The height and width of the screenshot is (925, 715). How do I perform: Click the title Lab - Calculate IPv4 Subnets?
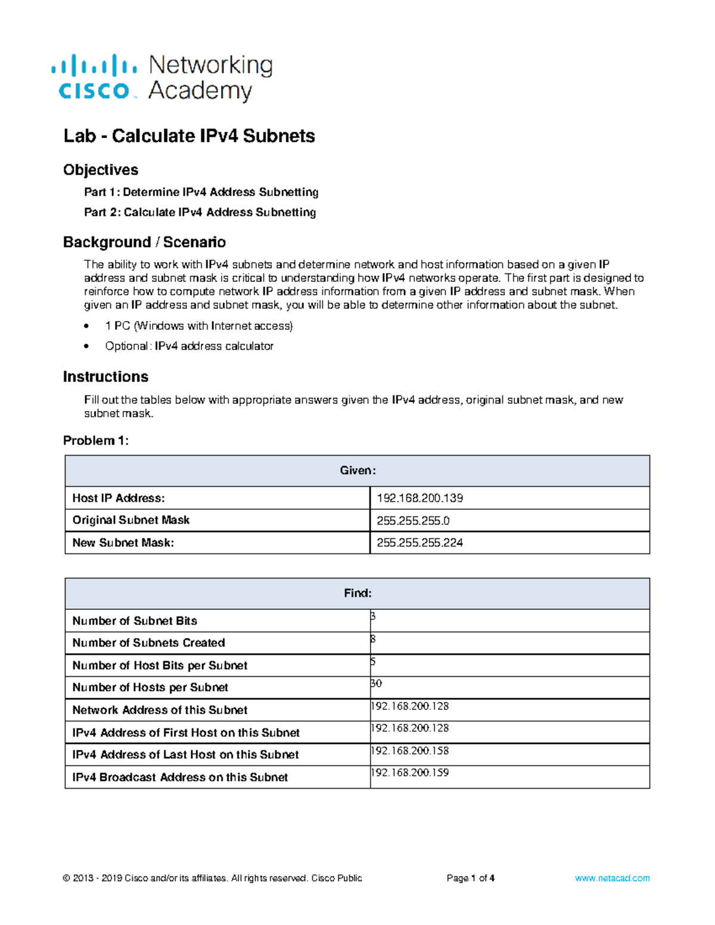point(189,136)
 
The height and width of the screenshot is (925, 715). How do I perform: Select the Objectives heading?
point(101,170)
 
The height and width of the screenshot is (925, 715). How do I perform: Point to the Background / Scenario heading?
point(144,242)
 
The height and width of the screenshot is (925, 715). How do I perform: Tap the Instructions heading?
point(105,376)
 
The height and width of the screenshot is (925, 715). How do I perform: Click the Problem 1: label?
point(95,441)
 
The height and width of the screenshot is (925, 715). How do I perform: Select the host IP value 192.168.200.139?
point(419,498)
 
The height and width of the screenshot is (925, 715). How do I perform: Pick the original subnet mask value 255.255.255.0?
point(413,521)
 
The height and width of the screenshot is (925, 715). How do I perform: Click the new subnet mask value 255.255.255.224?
point(419,543)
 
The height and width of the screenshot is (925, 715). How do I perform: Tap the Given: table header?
point(357,471)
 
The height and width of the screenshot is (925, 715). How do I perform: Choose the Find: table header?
point(357,593)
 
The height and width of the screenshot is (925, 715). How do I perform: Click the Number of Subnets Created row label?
point(148,643)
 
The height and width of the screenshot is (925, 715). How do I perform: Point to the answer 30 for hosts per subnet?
point(376,683)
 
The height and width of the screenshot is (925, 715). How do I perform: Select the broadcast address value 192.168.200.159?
point(410,773)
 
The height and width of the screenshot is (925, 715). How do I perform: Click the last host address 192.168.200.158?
point(410,750)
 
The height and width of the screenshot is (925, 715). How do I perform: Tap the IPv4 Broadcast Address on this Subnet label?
point(180,777)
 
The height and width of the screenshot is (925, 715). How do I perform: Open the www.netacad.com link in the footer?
point(612,878)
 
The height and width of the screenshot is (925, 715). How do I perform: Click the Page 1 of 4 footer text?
point(470,878)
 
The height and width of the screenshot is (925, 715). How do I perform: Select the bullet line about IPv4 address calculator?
point(189,346)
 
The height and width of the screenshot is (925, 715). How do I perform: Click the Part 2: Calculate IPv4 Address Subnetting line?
point(200,212)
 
